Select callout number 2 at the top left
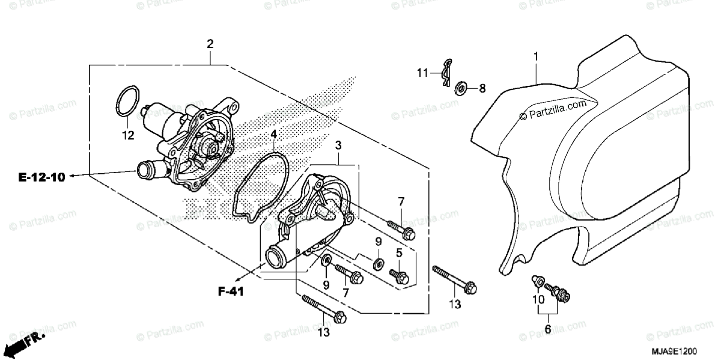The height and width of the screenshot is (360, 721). tap(210, 43)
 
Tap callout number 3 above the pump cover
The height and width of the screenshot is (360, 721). tap(338, 145)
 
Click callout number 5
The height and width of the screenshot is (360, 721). tap(398, 253)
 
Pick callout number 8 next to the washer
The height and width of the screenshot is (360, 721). tap(482, 88)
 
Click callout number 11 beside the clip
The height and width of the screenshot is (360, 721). tap(423, 73)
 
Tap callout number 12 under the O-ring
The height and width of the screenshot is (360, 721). tap(127, 136)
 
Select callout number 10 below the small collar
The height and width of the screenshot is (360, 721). tap(538, 299)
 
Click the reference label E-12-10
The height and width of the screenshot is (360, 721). tap(41, 177)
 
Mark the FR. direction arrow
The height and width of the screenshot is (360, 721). tap(26, 343)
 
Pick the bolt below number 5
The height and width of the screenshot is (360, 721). tap(399, 275)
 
